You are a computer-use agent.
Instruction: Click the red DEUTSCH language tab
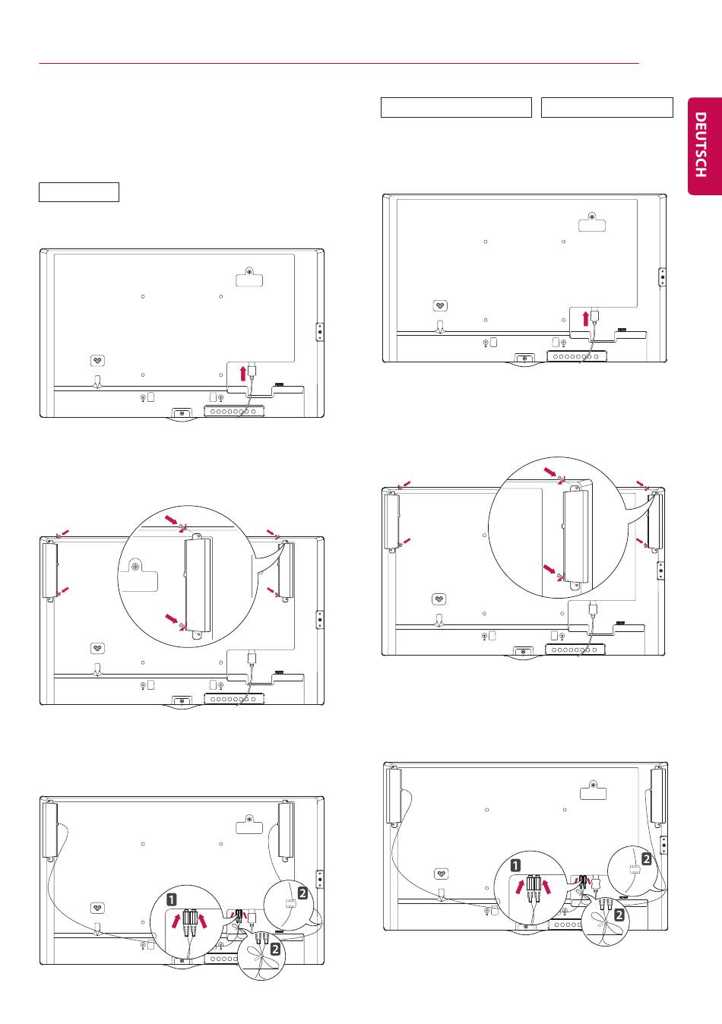click(705, 146)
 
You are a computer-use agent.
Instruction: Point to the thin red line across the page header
click(339, 64)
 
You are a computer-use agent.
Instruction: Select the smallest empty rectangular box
click(79, 192)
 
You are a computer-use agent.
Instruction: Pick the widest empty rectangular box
click(456, 107)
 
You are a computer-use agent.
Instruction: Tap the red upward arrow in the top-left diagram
click(243, 372)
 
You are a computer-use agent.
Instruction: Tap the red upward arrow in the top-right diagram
click(586, 318)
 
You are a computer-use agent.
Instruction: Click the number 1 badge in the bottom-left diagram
click(172, 899)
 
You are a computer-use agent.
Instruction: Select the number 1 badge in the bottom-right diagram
click(515, 865)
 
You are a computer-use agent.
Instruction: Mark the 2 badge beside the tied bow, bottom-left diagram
click(275, 950)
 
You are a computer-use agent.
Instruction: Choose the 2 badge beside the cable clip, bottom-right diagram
click(646, 859)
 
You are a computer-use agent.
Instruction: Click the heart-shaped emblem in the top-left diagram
click(97, 361)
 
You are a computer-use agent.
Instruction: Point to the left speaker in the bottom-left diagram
click(50, 830)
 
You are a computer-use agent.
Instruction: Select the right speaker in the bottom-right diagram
click(658, 796)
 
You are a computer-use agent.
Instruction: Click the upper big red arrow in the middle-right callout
click(549, 471)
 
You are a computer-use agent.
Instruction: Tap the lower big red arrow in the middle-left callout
click(172, 618)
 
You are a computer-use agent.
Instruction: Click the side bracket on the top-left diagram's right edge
click(320, 331)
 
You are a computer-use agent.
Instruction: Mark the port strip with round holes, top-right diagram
click(577, 356)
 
